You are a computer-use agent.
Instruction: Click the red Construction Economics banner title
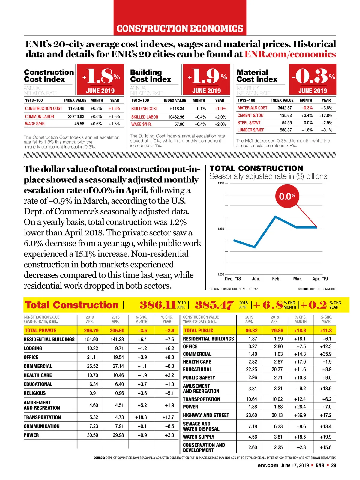tap(180, 28)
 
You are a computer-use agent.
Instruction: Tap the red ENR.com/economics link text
tap(290, 54)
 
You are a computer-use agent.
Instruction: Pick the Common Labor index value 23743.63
tap(76, 116)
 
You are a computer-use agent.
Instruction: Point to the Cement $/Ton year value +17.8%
tap(325, 115)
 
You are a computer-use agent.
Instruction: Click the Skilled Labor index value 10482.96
tap(176, 117)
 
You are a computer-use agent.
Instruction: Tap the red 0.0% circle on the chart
tap(287, 196)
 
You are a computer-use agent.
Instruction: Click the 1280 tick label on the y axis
tap(221, 229)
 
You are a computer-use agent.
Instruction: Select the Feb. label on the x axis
tap(276, 279)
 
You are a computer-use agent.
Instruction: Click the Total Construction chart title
tap(256, 168)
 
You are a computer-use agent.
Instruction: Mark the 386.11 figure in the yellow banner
tap(157, 305)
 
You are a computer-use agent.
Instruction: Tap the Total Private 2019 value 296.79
tap(91, 331)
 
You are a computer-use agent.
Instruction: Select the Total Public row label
tap(199, 331)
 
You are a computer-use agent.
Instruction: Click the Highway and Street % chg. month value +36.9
tap(300, 415)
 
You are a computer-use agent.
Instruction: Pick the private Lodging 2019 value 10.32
tap(92, 349)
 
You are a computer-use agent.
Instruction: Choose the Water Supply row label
tap(199, 437)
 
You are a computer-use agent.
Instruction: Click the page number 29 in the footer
tap(334, 465)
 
